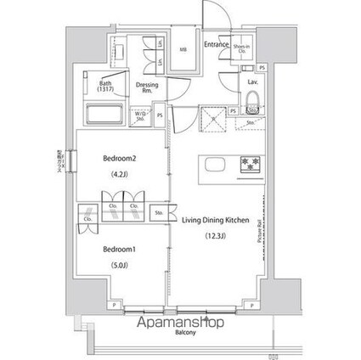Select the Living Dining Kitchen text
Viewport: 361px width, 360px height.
click(215, 220)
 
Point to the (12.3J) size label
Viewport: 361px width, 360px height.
click(215, 237)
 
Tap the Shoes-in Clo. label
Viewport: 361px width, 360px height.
click(242, 49)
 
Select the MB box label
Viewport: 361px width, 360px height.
click(182, 49)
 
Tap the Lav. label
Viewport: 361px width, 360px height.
click(253, 82)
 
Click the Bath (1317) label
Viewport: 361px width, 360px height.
click(105, 86)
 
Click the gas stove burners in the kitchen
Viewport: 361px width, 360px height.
click(252, 163)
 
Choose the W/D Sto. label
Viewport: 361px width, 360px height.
click(138, 116)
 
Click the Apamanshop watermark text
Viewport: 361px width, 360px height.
click(179, 323)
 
